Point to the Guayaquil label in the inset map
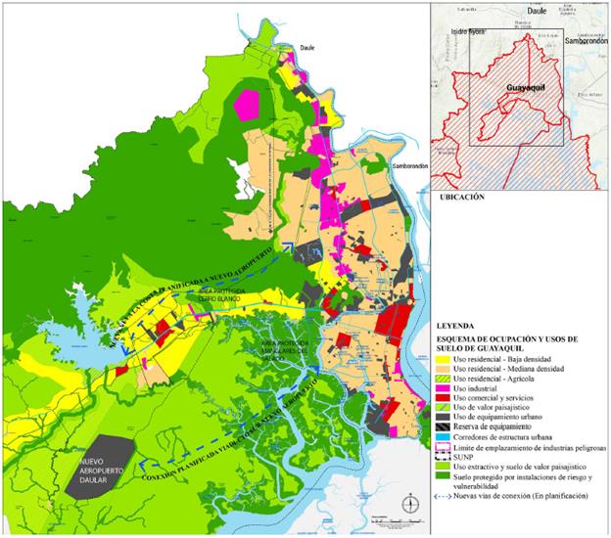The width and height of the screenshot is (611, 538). coord(525,88)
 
